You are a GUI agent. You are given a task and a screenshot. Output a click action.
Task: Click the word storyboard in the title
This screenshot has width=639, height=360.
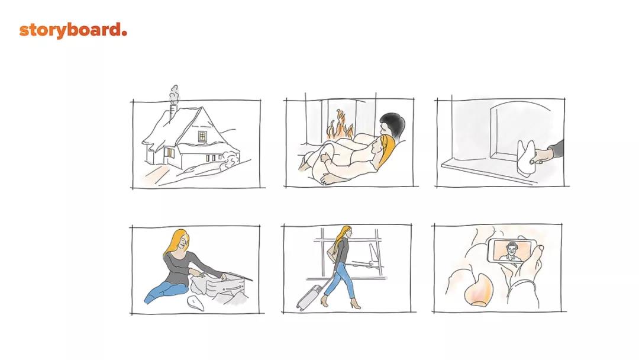(x=70, y=31)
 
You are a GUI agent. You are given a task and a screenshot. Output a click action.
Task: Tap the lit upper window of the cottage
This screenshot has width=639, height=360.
(x=202, y=136)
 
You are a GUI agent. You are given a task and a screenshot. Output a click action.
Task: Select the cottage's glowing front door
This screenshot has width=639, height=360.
(x=168, y=156)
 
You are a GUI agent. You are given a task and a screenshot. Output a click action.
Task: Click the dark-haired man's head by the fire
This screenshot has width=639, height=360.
(x=392, y=124)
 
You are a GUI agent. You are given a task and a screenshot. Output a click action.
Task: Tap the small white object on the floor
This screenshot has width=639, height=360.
(x=195, y=303)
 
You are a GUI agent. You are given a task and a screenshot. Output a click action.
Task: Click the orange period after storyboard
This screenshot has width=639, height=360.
(x=124, y=33)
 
